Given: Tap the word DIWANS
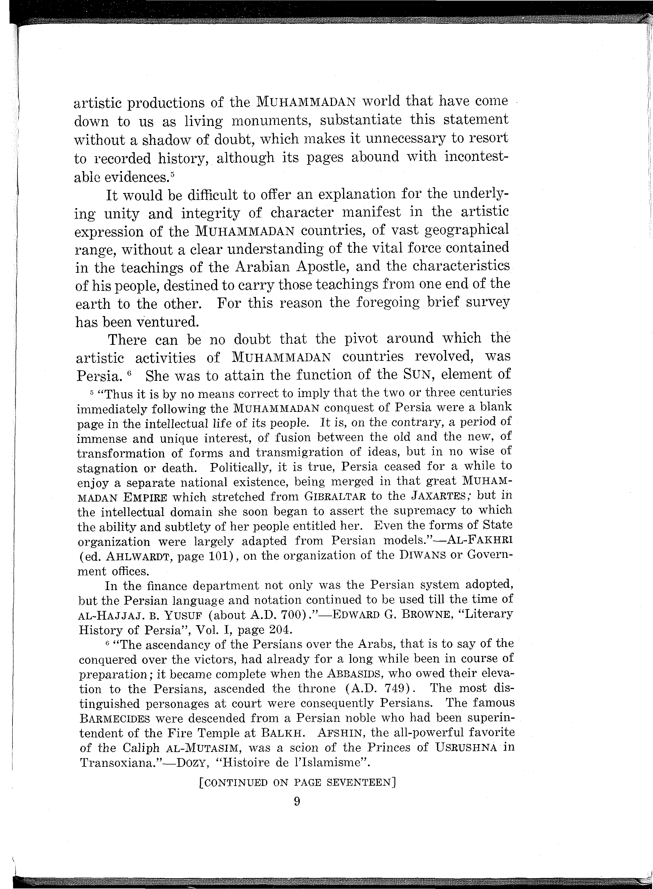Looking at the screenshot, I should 421,556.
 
